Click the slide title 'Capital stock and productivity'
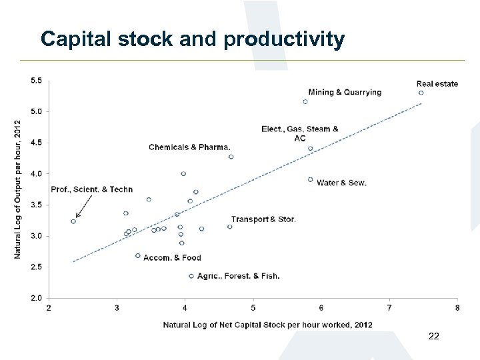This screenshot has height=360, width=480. pyautogui.click(x=192, y=39)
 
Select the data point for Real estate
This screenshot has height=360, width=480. pyautogui.click(x=421, y=93)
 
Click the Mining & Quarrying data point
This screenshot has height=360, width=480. pyautogui.click(x=305, y=102)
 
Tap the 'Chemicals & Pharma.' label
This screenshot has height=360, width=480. pyautogui.click(x=189, y=147)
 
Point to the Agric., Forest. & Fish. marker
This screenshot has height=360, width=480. pyautogui.click(x=191, y=276)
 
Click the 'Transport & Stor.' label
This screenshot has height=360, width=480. pyautogui.click(x=263, y=219)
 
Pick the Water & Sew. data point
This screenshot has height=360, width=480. pyautogui.click(x=310, y=179)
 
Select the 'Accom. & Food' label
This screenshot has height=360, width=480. pyautogui.click(x=172, y=258)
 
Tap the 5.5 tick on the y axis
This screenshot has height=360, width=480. pyautogui.click(x=36, y=81)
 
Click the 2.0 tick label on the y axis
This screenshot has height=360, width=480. pyautogui.click(x=36, y=298)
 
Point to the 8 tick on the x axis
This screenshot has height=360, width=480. pyautogui.click(x=457, y=308)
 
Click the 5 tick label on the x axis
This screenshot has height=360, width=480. pyautogui.click(x=253, y=308)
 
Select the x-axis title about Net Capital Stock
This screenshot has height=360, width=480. pyautogui.click(x=267, y=325)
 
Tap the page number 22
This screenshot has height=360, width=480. pyautogui.click(x=433, y=337)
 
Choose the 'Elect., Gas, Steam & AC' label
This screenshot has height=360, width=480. pyautogui.click(x=300, y=133)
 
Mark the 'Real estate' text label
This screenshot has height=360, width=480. pyautogui.click(x=437, y=83)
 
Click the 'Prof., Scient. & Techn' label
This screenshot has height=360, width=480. pyautogui.click(x=92, y=190)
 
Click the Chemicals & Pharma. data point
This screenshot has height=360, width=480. pyautogui.click(x=231, y=157)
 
